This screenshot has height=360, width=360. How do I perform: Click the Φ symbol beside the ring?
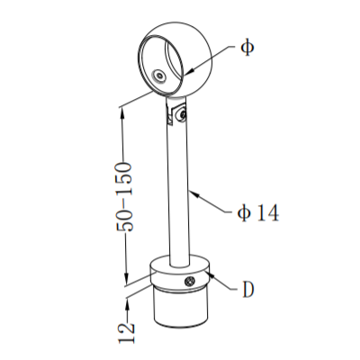247,48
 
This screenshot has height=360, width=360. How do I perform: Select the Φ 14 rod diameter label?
258,213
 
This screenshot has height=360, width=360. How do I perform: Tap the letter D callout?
248,290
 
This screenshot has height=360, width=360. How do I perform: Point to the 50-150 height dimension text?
124,197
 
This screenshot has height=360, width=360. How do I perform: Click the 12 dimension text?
126,333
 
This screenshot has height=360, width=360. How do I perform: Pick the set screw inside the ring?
159,75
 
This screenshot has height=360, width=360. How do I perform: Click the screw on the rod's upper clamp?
182,114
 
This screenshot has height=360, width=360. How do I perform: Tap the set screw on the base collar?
190,282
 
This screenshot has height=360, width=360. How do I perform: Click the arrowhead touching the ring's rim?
190,71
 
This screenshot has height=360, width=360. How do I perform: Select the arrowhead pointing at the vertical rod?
194,194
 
